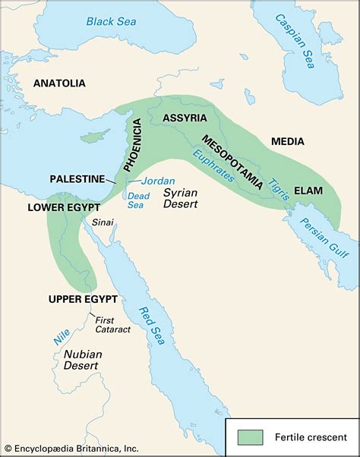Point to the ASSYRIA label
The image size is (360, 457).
tap(184, 118)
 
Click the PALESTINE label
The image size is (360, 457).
tap(77, 178)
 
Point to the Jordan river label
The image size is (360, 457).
tap(159, 181)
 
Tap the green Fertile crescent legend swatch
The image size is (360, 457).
tap(250, 437)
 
